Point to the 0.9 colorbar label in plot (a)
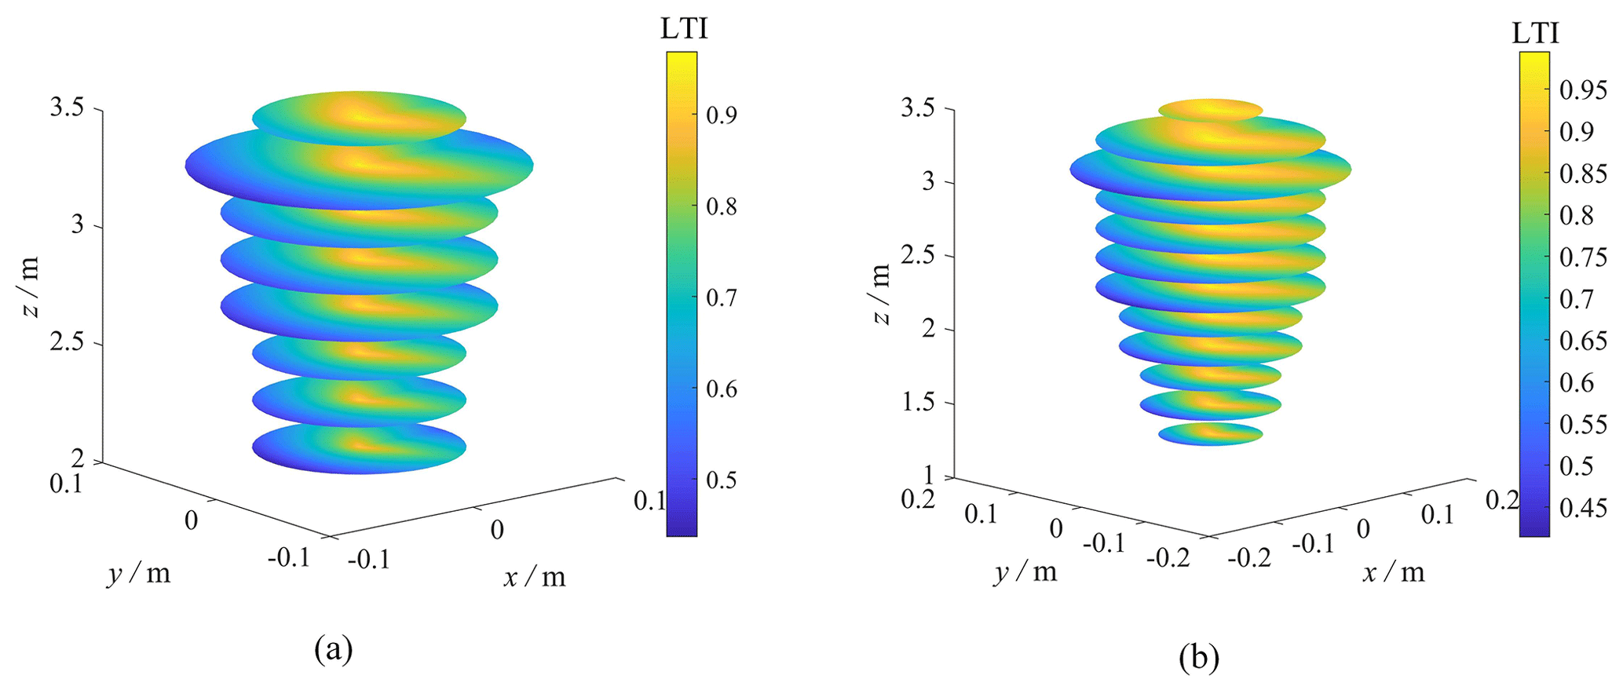(721, 115)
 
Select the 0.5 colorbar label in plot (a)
(721, 480)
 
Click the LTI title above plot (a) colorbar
(684, 29)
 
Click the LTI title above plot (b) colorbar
(1535, 33)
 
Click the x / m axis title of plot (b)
(1393, 572)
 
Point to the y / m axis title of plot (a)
(139, 574)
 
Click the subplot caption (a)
(333, 650)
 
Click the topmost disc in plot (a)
(359, 118)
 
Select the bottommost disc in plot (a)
(359, 448)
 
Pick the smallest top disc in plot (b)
(1210, 109)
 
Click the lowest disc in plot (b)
(1210, 433)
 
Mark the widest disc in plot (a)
(359, 167)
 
